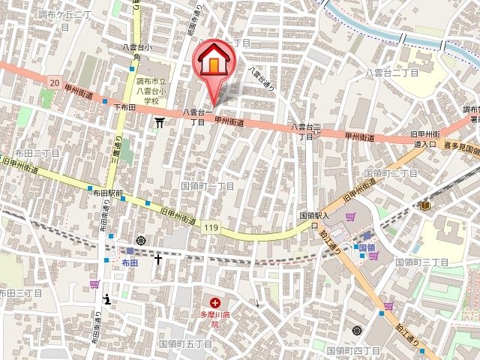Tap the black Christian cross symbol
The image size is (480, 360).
click(x=158, y=259)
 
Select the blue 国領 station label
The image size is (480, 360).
click(x=366, y=247)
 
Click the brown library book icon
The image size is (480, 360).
click(x=425, y=205)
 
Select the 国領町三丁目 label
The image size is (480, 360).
click(x=424, y=262)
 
